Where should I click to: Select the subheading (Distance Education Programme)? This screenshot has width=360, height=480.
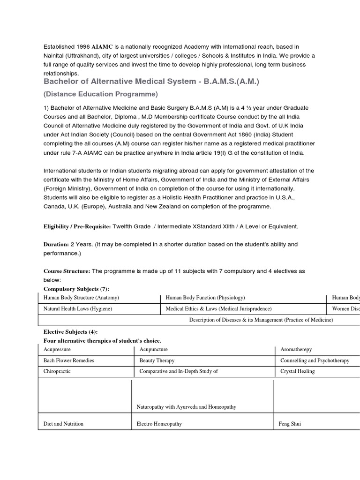tap(101, 94)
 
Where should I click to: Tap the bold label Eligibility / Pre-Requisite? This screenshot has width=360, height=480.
tap(77, 226)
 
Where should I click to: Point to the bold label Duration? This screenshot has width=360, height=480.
tap(56, 244)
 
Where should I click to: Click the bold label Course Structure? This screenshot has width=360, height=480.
tap(67, 271)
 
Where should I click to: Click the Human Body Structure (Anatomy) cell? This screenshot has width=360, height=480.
tap(81, 298)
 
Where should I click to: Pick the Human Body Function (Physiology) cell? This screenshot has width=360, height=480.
tap(205, 298)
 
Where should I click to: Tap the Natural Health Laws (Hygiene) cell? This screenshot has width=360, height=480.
tap(78, 309)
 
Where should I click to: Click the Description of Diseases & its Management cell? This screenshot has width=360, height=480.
tap(261, 320)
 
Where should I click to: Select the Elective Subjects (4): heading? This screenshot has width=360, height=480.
tap(70, 331)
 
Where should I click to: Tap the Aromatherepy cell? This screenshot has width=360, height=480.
tap(296, 350)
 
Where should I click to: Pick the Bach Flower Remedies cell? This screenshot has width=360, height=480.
tap(68, 360)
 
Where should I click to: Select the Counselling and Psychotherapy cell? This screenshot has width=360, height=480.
tap(315, 360)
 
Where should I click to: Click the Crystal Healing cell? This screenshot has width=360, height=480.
tap(297, 371)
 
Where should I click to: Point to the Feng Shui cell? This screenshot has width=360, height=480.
tap(290, 424)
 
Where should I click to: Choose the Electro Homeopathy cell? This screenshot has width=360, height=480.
tap(159, 424)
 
